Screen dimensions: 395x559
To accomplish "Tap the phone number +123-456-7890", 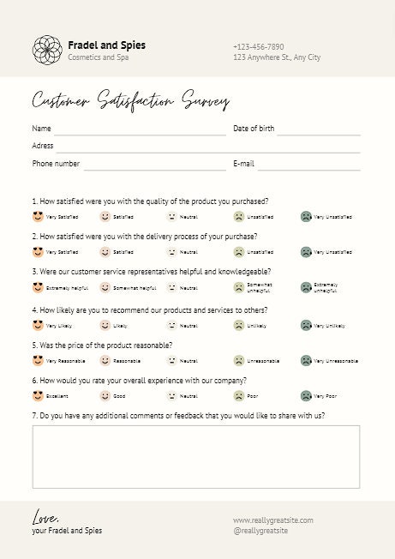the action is [x=258, y=46].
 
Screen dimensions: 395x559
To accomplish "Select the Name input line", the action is [x=140, y=130].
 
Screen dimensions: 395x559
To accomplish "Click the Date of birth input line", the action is [x=318, y=130].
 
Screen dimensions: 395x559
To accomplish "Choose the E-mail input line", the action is [x=308, y=165].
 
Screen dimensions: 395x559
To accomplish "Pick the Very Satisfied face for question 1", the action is [x=38, y=217].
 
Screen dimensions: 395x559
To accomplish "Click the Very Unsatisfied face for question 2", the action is [x=306, y=252].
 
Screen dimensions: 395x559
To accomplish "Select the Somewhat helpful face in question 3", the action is [x=105, y=288].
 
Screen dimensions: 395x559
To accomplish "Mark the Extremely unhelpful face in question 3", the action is [x=306, y=288].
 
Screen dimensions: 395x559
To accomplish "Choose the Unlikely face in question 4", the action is [x=239, y=326].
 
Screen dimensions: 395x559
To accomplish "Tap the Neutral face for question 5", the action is [x=171, y=361].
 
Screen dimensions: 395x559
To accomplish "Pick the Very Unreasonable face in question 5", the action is [x=306, y=361].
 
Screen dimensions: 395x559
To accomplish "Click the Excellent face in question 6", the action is [x=38, y=396].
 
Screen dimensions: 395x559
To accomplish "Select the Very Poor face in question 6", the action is [x=306, y=396].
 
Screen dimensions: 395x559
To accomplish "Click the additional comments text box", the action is [x=195, y=456].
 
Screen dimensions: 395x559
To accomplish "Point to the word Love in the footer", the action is [x=45, y=518].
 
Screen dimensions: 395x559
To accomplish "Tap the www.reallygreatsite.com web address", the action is [x=272, y=520].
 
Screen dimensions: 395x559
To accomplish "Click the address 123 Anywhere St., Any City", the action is [x=277, y=57].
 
